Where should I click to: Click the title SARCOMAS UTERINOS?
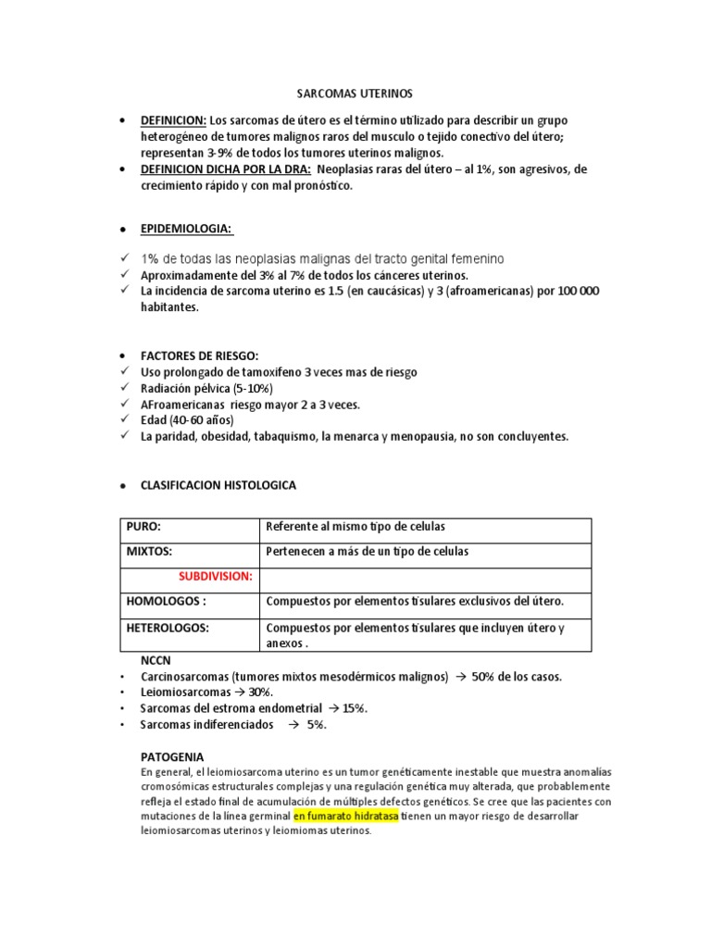[355, 94]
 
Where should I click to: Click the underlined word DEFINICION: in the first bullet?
[173, 120]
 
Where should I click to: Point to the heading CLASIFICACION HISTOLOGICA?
[218, 485]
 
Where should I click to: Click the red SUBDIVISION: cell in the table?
[215, 576]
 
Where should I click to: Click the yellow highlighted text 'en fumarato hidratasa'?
[346, 817]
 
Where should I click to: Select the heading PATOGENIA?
[172, 756]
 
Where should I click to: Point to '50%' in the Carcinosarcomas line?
[485, 677]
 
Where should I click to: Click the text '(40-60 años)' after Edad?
[202, 420]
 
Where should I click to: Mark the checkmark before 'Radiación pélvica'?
[126, 388]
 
